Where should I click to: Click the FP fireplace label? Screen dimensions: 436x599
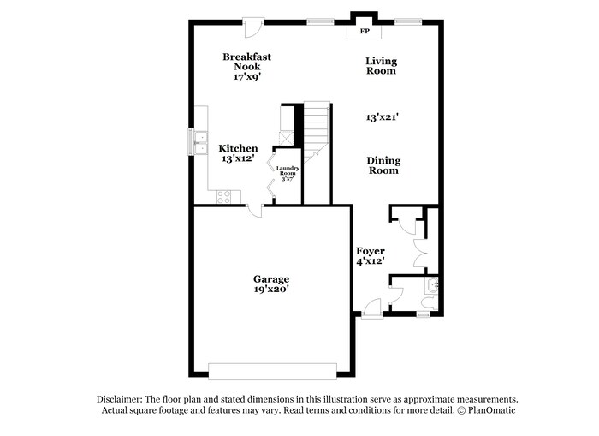point(364,32)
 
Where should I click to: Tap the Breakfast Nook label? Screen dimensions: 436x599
point(247,66)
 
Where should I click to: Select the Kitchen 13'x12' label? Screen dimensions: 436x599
point(239,153)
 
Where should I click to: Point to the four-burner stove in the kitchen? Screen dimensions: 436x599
point(224,197)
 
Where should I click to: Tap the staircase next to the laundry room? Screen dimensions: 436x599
point(317,128)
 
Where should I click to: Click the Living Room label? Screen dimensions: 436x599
point(381,65)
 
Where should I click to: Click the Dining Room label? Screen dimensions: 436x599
point(383,165)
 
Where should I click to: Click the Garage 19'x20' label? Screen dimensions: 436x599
point(270,284)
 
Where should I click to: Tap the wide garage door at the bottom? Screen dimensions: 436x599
point(272,370)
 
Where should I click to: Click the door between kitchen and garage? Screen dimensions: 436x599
point(255,211)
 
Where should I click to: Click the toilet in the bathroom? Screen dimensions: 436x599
point(432,287)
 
